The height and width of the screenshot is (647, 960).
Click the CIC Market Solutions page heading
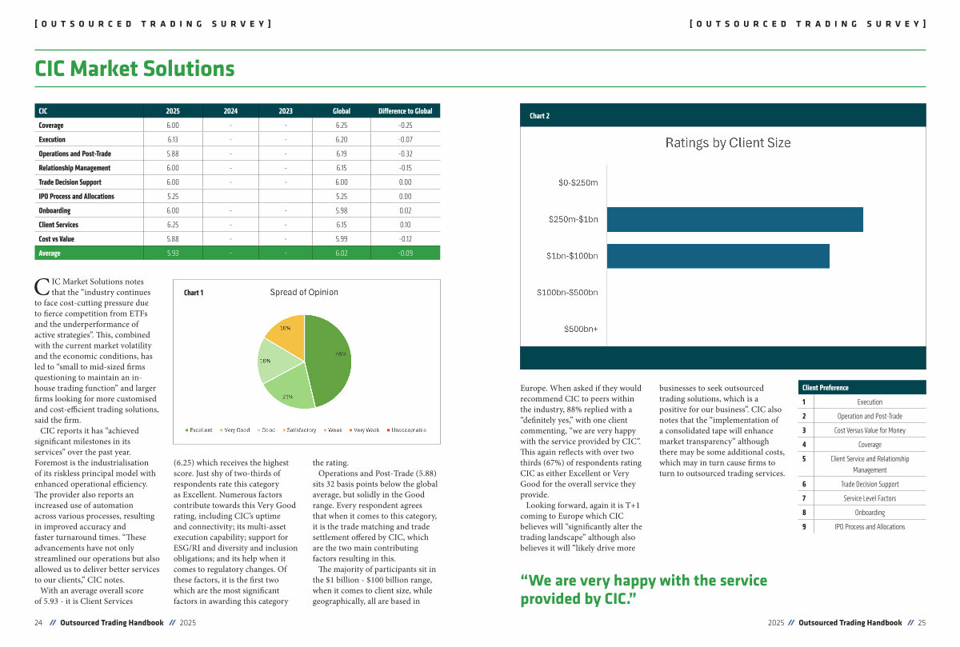click(134, 69)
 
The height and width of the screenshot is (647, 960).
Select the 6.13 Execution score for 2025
click(173, 140)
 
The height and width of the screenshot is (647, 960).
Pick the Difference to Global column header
click(405, 111)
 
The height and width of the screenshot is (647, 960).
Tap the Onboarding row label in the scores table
click(54, 210)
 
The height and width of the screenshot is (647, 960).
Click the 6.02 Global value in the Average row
click(342, 253)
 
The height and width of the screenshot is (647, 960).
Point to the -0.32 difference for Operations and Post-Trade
click(405, 154)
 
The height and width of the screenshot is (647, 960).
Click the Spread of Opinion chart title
click(304, 293)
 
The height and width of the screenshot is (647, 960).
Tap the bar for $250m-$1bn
click(734, 220)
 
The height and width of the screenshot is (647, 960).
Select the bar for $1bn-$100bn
click(718, 256)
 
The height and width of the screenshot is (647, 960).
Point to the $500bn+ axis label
click(580, 329)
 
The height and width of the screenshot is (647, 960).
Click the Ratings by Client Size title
click(727, 143)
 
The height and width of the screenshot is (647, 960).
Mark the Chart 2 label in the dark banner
click(540, 116)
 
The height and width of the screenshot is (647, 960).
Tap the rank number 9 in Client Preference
click(803, 527)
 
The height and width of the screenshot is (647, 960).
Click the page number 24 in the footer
click(38, 622)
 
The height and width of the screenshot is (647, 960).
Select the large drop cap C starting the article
click(43, 287)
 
